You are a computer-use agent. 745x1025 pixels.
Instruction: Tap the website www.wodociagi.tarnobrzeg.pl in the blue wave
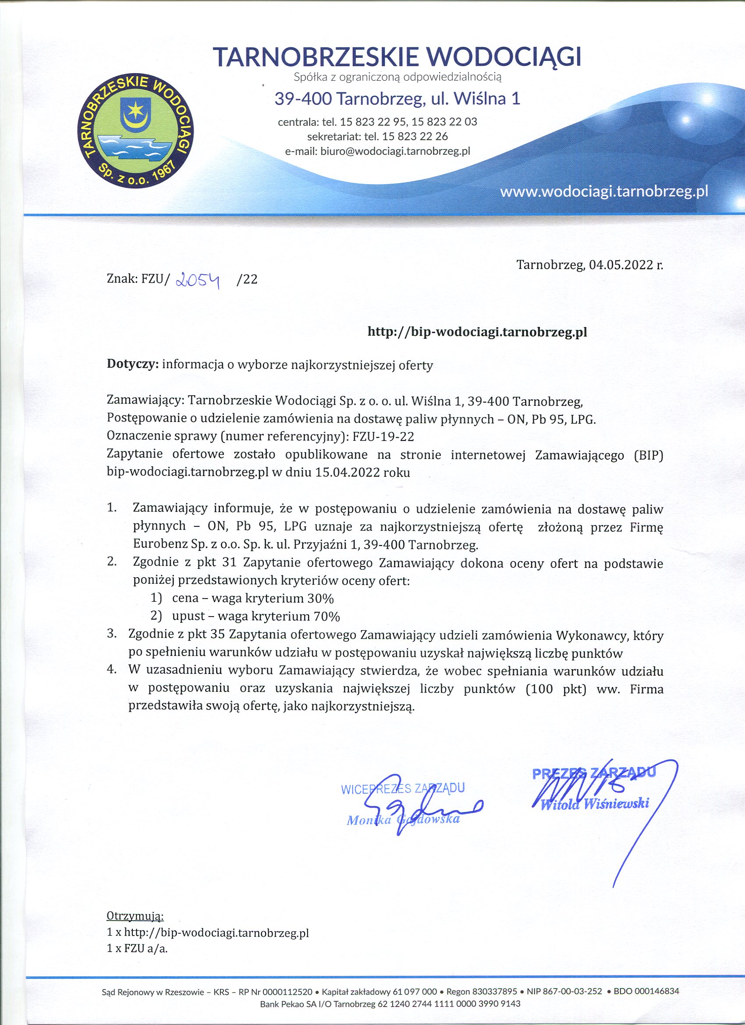tap(603, 192)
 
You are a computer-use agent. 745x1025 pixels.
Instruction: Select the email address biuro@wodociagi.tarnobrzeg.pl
tap(395, 151)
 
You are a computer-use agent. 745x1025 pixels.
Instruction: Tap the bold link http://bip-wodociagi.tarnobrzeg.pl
tap(477, 332)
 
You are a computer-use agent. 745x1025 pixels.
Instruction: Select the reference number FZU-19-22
tap(383, 436)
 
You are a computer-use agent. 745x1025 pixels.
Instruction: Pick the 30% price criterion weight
tap(320, 598)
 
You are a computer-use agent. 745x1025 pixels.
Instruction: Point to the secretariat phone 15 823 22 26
tap(415, 136)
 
